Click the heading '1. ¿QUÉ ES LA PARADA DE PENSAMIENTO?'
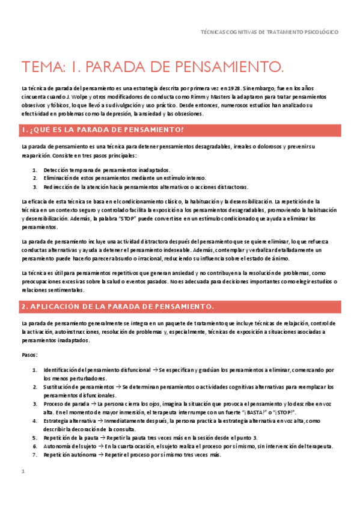pos(102,129)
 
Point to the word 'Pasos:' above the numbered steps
pos(29,355)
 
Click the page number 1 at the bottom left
pos(23,472)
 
